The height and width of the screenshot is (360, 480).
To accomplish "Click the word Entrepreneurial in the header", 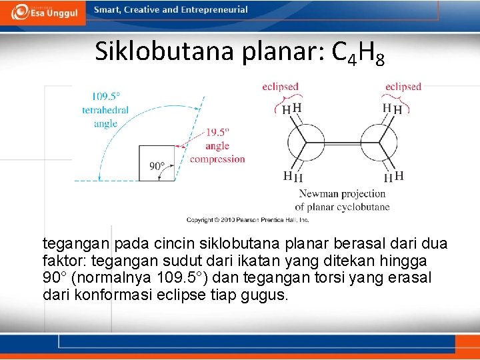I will [x=216, y=10].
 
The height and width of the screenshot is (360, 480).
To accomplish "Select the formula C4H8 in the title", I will [x=358, y=53].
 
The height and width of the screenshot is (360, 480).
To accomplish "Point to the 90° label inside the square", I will [x=157, y=166].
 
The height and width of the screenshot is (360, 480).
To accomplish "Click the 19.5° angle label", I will [x=217, y=133].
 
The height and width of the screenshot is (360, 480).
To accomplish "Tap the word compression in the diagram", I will [x=217, y=159].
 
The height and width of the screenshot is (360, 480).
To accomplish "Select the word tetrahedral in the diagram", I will [x=105, y=110].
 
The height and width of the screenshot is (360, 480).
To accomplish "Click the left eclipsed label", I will [x=280, y=87].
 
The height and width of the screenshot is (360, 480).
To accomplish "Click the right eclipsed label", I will [x=403, y=87].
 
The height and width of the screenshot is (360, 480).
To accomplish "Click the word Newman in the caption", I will [x=317, y=194].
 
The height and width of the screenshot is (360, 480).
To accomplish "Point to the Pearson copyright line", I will [x=247, y=219].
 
